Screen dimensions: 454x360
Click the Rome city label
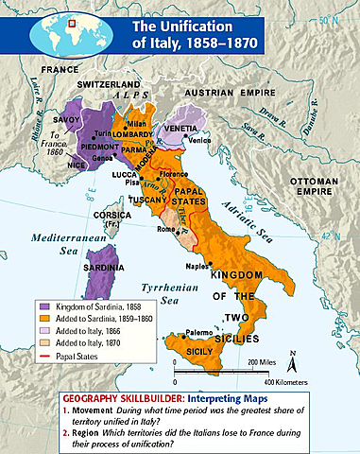(x=164, y=228)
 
